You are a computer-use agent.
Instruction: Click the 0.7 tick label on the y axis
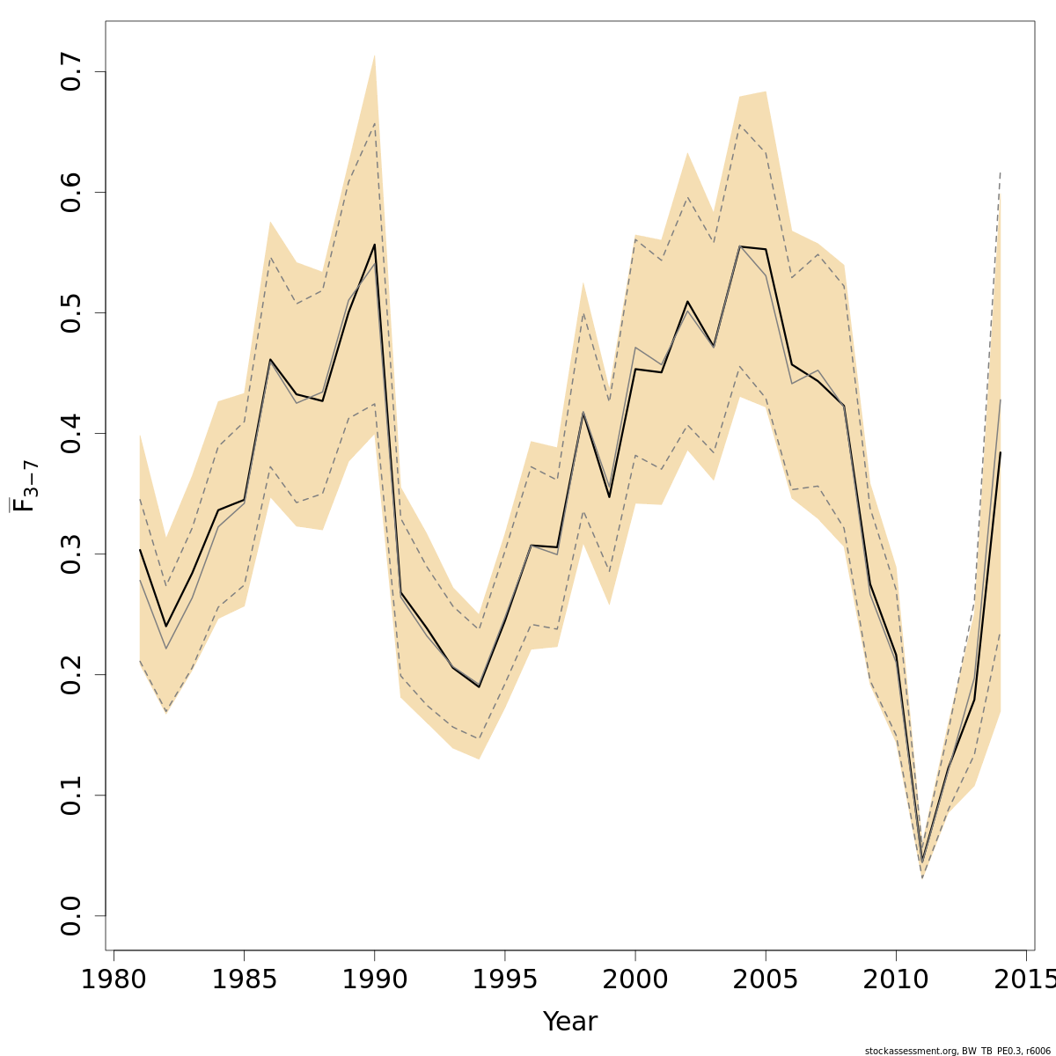(x=71, y=72)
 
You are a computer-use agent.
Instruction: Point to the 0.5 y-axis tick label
(x=71, y=313)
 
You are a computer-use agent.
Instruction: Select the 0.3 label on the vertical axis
(x=71, y=554)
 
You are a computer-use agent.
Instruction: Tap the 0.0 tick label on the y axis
(x=71, y=916)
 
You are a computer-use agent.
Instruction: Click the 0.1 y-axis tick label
(x=71, y=796)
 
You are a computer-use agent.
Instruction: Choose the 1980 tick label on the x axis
(x=114, y=979)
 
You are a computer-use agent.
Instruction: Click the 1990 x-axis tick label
(x=375, y=979)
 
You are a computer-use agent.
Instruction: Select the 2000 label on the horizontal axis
(x=635, y=979)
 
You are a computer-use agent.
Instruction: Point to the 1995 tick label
(x=505, y=979)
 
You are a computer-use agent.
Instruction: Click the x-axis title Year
(x=570, y=1022)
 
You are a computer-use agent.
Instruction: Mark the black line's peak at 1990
(x=375, y=244)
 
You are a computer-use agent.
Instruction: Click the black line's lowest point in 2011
(x=922, y=862)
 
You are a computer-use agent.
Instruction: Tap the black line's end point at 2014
(x=1001, y=452)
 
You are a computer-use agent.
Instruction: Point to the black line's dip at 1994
(x=479, y=686)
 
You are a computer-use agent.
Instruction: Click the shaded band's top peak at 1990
(x=375, y=55)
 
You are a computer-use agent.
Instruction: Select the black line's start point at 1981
(x=140, y=549)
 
